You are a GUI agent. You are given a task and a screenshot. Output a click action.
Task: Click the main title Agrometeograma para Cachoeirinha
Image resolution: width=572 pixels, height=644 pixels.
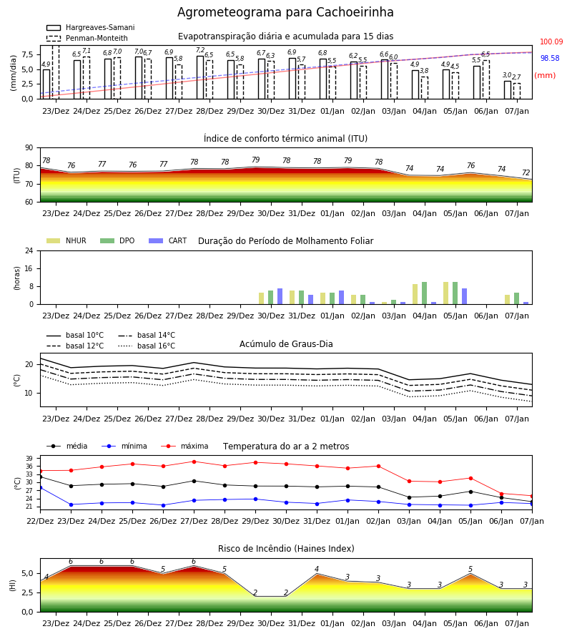tap(285, 12)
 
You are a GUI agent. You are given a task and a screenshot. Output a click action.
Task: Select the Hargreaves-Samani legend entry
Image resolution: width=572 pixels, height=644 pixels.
tap(90, 27)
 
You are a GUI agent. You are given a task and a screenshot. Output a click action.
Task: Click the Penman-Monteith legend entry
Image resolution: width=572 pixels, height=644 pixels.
tap(87, 38)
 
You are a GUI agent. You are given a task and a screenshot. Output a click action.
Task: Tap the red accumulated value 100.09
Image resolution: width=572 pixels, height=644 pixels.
tap(551, 42)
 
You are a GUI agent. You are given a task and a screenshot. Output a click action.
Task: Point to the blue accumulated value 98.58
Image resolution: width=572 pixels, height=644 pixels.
tap(550, 59)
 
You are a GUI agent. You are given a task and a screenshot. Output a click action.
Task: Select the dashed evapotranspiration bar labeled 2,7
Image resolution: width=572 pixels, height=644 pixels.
tap(517, 91)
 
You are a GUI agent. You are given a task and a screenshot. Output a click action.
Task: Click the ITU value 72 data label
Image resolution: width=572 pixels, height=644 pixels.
tap(526, 173)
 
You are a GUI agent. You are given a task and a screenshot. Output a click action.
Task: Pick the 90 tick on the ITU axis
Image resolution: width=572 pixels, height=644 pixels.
tap(29, 148)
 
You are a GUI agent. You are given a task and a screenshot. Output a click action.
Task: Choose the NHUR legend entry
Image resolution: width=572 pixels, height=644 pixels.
tap(66, 240)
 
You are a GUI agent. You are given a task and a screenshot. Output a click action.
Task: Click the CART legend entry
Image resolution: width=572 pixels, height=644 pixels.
tap(167, 240)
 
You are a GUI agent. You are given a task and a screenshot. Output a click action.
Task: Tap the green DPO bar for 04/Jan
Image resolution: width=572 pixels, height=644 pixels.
tap(424, 293)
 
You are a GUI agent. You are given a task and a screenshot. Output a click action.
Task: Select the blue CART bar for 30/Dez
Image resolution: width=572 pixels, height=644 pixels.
tap(280, 296)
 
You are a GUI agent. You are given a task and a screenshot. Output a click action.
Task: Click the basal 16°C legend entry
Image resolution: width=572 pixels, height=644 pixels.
tap(147, 346)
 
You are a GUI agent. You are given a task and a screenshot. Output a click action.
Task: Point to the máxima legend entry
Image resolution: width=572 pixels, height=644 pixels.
tap(184, 446)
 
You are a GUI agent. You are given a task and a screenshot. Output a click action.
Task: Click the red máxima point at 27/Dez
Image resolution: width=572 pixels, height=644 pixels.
tap(194, 462)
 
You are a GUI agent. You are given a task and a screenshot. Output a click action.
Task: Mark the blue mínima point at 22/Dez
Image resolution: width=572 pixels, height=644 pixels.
tap(40, 487)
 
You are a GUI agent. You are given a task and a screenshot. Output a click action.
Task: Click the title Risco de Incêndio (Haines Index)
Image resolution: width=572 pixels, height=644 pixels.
tap(286, 549)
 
